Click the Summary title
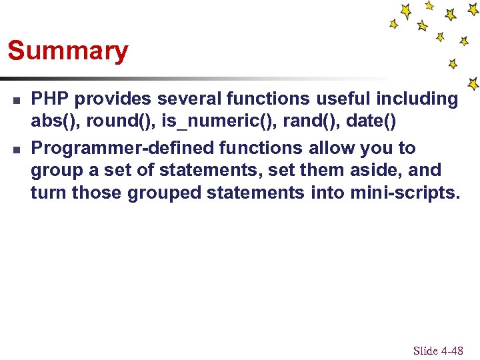point(67,51)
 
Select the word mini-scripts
point(403,193)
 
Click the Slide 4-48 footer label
point(438,351)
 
